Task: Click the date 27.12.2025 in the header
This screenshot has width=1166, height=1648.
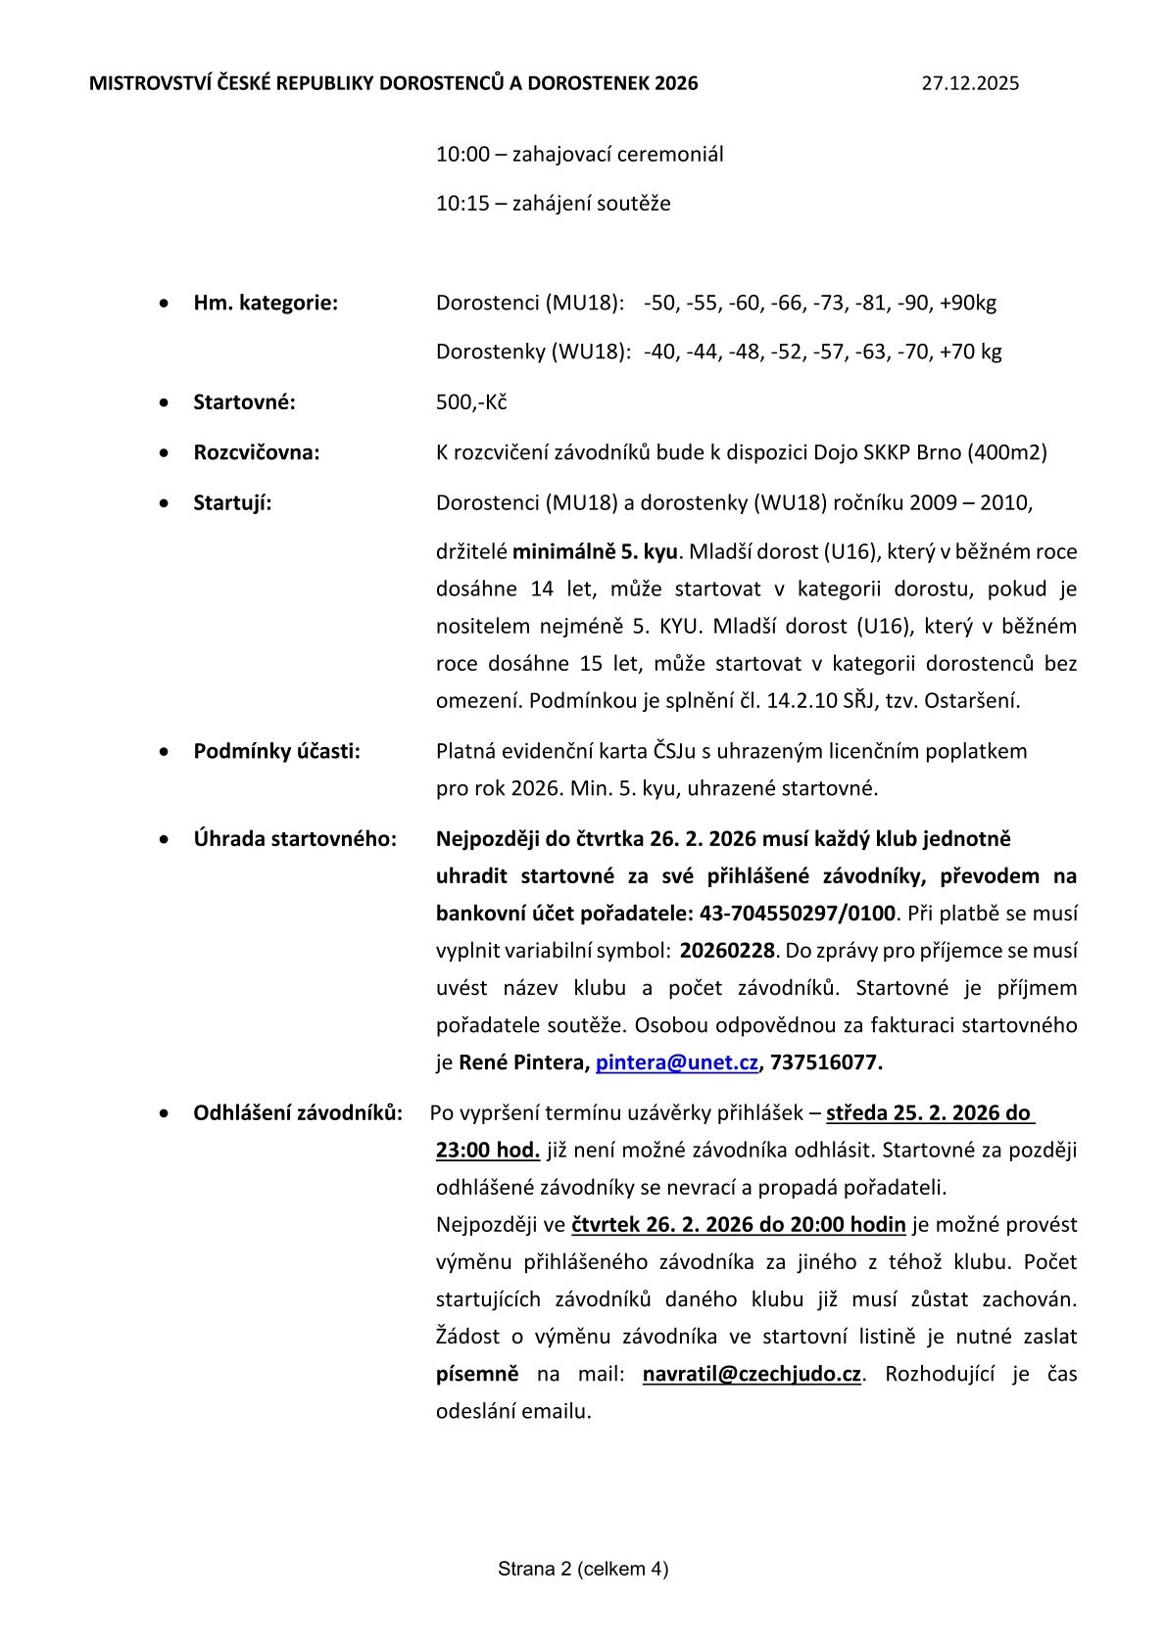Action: click(x=970, y=83)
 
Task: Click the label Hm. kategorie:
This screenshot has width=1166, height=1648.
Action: click(x=266, y=303)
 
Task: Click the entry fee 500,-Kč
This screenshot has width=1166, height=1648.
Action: click(x=471, y=402)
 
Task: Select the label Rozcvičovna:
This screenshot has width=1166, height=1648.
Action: click(x=257, y=452)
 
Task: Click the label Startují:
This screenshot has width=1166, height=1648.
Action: click(x=232, y=502)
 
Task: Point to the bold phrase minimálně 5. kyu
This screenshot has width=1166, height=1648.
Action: click(x=595, y=551)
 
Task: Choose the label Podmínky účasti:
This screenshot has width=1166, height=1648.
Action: click(x=276, y=751)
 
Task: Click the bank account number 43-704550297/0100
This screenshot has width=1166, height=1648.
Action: click(x=797, y=914)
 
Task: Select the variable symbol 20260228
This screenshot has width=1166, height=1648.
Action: click(x=727, y=951)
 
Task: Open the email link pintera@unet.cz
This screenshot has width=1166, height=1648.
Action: click(x=677, y=1062)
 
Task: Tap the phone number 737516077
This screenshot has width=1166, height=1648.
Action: click(x=826, y=1062)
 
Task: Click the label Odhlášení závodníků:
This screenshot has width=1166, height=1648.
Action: click(x=298, y=1113)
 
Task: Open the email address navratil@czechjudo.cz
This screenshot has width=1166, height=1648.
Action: click(x=752, y=1374)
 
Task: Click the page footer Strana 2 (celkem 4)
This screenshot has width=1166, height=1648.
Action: click(x=583, y=1569)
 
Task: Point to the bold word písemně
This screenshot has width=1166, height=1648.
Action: click(x=477, y=1374)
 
